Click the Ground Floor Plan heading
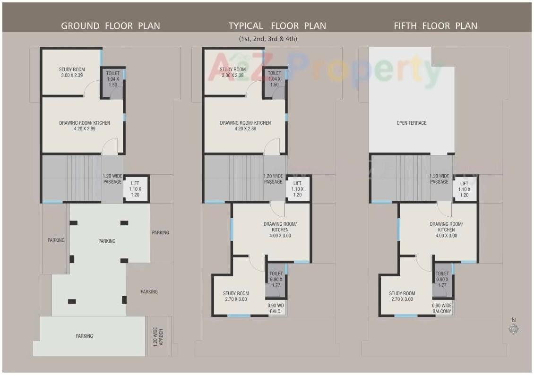111,26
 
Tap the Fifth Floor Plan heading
436,26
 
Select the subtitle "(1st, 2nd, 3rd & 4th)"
268,39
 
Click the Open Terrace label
411,123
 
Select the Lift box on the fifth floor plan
464,189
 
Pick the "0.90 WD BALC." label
276,308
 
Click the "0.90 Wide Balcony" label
442,308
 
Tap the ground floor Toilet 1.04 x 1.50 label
113,79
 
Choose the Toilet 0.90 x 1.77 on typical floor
276,279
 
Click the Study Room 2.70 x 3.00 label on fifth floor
402,296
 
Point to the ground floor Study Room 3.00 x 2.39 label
72,72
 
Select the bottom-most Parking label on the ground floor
84,336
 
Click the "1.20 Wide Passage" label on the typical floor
273,179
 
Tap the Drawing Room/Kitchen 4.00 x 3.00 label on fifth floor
446,230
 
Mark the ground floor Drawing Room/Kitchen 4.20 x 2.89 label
85,126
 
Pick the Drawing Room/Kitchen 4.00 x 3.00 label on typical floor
280,230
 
